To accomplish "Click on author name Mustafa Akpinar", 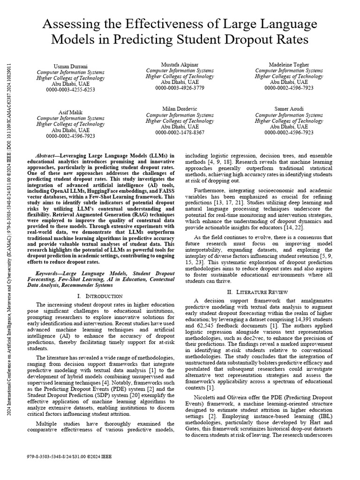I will [x=180, y=64].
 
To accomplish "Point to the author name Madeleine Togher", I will [x=289, y=64].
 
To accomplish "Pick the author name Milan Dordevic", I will [x=180, y=109].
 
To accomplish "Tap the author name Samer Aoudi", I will [x=289, y=109].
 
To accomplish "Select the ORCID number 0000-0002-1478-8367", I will [x=180, y=133].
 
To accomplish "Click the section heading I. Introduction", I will [x=99, y=296].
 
